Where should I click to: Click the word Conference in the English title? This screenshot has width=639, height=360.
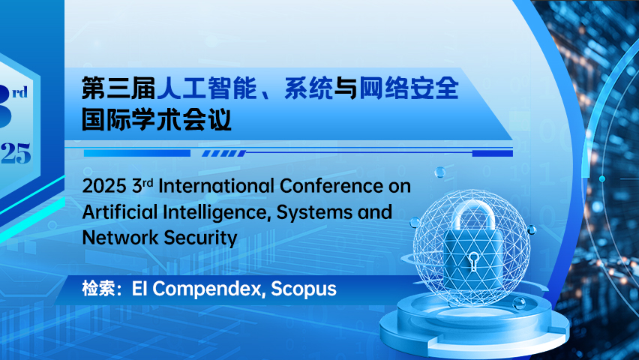[330, 186]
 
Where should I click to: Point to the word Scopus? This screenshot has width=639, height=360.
[304, 289]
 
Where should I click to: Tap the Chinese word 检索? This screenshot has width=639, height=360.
[96, 289]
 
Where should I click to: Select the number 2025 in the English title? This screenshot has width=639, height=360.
[104, 186]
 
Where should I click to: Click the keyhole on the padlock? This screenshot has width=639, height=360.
[473, 261]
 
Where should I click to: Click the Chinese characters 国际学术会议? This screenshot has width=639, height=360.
[157, 119]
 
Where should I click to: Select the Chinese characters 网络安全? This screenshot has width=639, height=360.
[409, 88]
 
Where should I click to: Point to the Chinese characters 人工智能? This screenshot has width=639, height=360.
[207, 88]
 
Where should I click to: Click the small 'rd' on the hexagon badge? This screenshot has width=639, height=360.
[19, 92]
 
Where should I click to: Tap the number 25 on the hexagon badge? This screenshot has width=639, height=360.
[16, 153]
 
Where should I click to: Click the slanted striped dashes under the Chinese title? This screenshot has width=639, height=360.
[224, 153]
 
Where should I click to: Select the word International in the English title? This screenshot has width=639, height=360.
[216, 186]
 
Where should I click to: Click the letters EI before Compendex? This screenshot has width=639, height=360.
[139, 289]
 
